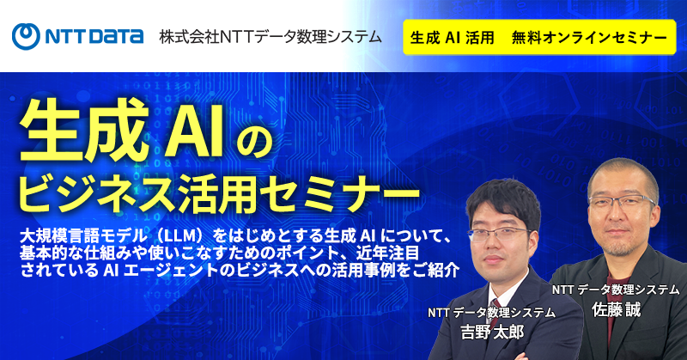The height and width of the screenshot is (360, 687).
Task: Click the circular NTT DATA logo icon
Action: [x=26, y=36]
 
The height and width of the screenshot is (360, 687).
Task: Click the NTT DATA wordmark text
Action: [x=94, y=37]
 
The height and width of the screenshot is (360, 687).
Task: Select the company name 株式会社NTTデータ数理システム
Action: [x=271, y=37]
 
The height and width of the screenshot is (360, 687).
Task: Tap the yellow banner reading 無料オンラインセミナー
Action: [x=539, y=37]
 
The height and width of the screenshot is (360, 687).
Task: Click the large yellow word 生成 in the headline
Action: [x=84, y=131]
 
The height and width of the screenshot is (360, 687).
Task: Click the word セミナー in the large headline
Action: [x=338, y=194]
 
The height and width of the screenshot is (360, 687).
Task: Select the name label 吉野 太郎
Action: [x=492, y=332]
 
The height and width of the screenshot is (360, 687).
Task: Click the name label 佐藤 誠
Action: [x=616, y=309]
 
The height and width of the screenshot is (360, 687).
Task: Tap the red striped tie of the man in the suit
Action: [x=495, y=308]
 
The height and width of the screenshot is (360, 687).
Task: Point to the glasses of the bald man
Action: [x=622, y=203]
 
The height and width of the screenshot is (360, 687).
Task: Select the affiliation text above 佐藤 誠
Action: [x=615, y=290]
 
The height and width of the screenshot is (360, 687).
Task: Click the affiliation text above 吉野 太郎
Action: [x=491, y=312]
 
